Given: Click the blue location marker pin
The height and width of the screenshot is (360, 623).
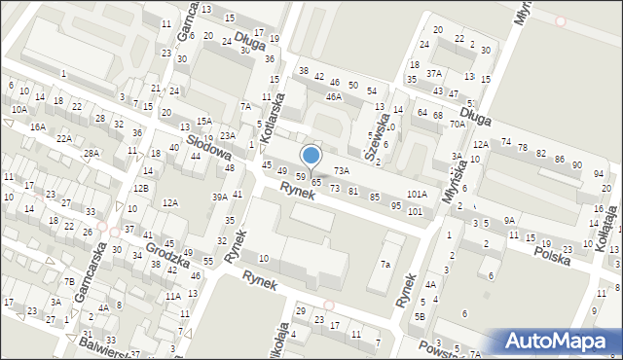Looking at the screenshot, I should pos(311,155).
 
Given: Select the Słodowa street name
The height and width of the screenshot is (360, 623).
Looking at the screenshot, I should pos(209,147).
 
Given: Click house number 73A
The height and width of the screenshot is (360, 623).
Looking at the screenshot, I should pos(341,170).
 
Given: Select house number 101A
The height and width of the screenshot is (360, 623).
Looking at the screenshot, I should pos(417,195).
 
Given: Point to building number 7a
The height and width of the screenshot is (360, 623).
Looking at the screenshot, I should pos(385,265).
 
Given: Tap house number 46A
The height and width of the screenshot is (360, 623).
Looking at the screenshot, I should pos(334,97).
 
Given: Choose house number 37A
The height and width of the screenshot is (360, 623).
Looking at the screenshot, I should pos(433,73).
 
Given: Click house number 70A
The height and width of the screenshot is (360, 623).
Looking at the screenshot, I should pos(457,125).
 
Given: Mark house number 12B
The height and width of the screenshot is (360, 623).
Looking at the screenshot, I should pos(141,188).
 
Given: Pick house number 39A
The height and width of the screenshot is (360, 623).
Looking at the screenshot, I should pos(220,197).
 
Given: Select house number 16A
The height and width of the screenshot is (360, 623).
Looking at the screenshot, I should pos(38,126).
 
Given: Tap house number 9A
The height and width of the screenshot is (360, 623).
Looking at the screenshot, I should pos(509,221).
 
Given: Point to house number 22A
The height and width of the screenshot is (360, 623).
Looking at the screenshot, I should pos(64,138).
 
